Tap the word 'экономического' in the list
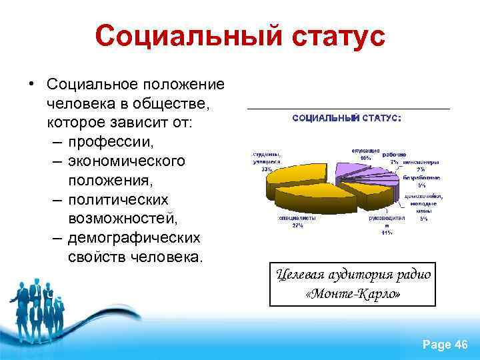(x=127, y=162)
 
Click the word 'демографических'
(x=133, y=238)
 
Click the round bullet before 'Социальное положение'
(x=31, y=85)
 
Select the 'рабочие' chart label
(x=394, y=154)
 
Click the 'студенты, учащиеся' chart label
(x=266, y=157)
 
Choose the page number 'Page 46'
(x=445, y=344)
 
